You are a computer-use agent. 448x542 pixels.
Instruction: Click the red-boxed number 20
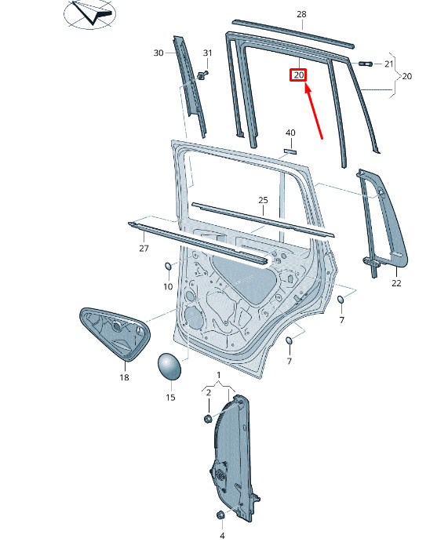point(299,75)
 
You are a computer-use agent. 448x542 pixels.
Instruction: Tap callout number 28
point(301,14)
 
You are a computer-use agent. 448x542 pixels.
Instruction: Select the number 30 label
point(158,53)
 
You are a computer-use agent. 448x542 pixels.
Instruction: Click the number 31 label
point(207,53)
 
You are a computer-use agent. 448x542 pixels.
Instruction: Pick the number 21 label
point(389,64)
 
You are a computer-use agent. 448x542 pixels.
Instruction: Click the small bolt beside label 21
point(366,64)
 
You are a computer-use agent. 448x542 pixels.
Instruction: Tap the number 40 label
point(290,133)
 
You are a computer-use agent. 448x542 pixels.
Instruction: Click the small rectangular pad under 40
point(290,151)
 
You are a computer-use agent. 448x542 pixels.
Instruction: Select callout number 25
point(263,200)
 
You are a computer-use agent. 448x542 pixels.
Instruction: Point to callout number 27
point(144,248)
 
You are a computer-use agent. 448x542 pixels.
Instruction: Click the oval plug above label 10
point(169,267)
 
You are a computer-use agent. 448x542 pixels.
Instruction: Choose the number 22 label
point(396,283)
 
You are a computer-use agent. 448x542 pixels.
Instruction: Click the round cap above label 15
point(169,366)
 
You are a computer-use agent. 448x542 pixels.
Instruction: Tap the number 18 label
point(124,377)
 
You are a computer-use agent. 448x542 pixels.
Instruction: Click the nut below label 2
point(208,419)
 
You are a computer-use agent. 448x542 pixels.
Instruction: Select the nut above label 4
point(220,515)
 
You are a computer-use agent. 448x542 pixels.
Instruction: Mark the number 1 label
point(218,375)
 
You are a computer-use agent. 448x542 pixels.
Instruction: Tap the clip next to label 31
point(202,75)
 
